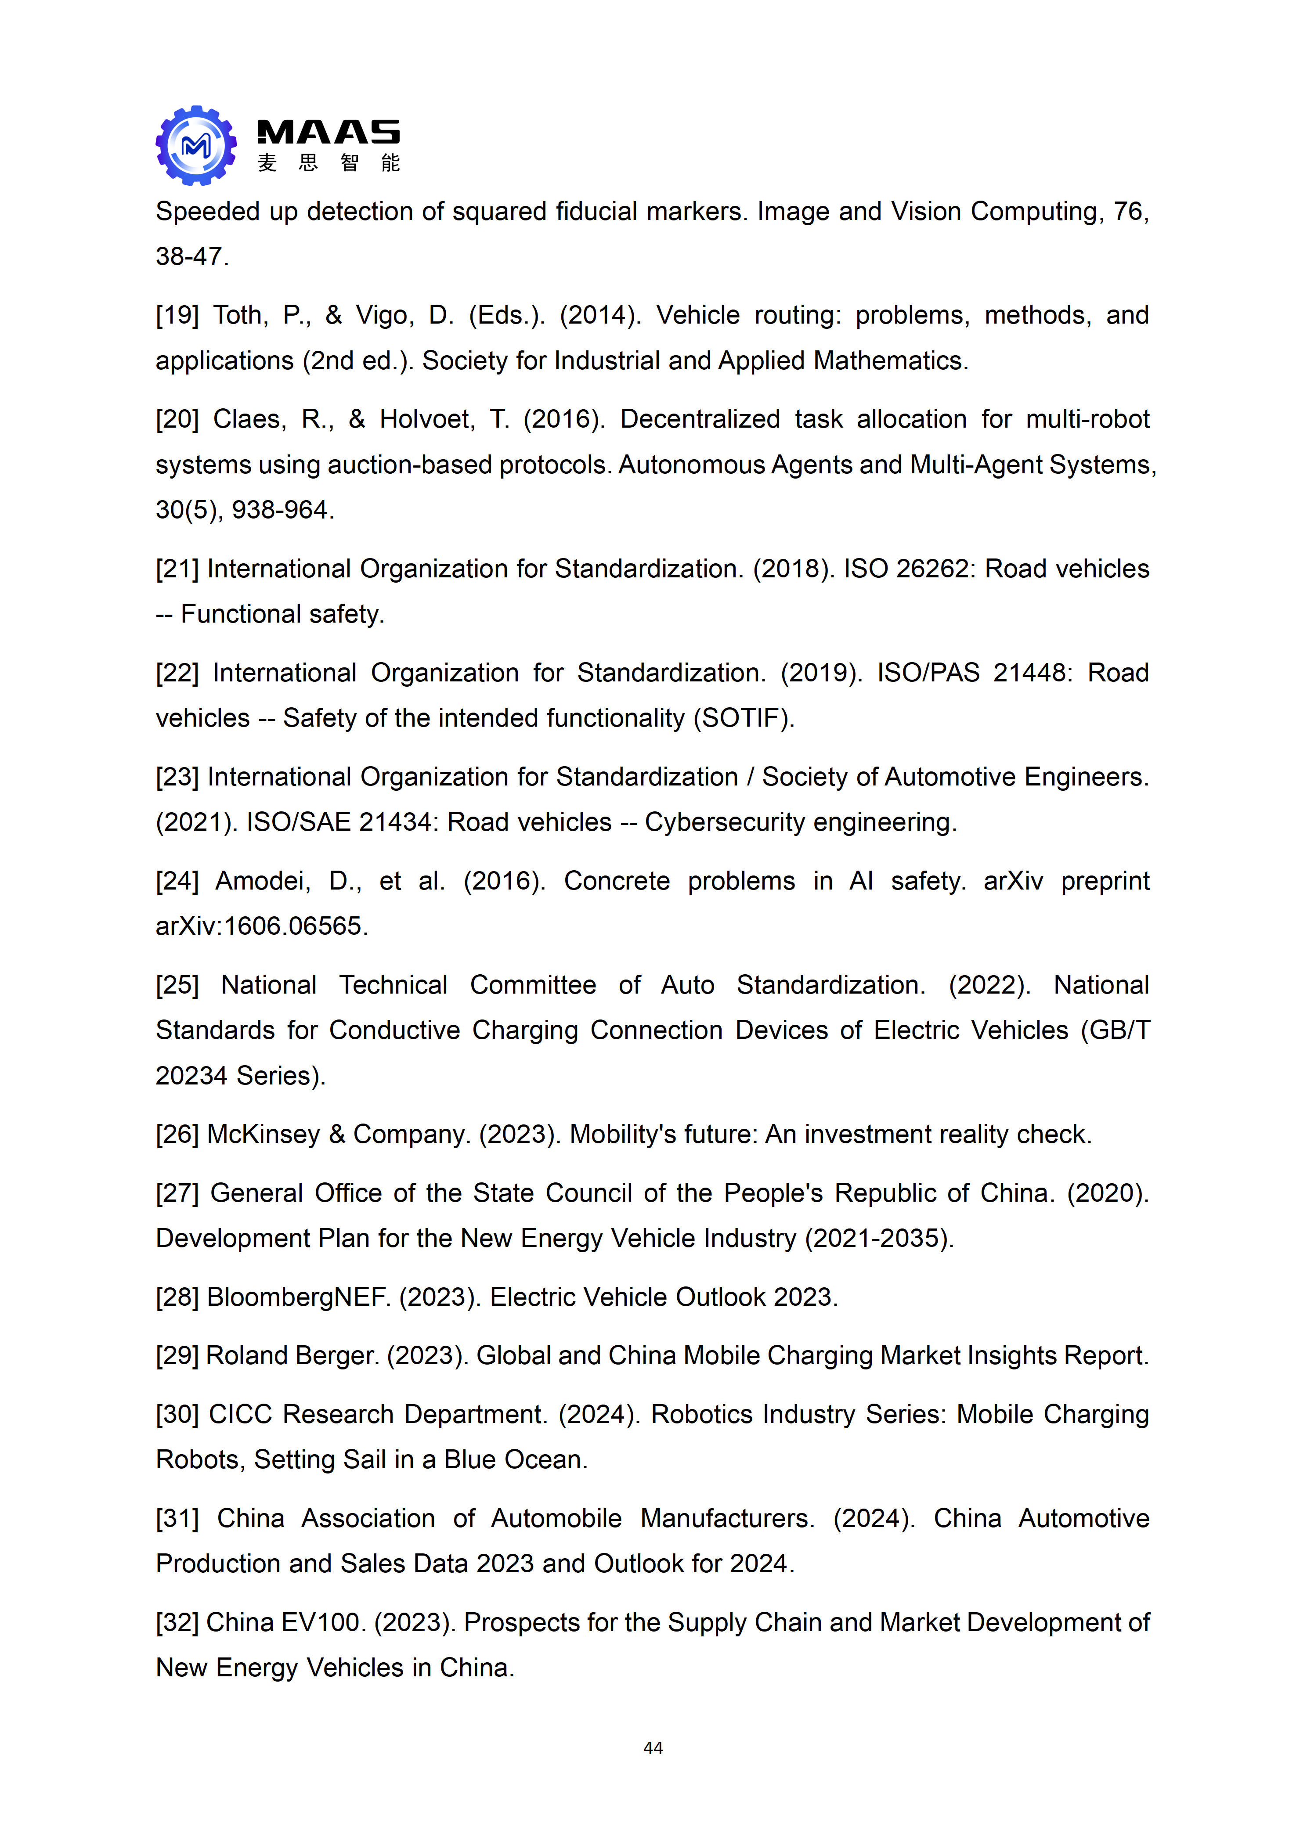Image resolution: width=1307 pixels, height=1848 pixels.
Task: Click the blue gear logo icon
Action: tap(196, 146)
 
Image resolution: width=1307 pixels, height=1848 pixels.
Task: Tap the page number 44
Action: tap(653, 1747)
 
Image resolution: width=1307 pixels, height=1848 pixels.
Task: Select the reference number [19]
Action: tap(177, 315)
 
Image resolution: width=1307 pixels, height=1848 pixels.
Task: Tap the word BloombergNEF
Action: tap(298, 1297)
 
